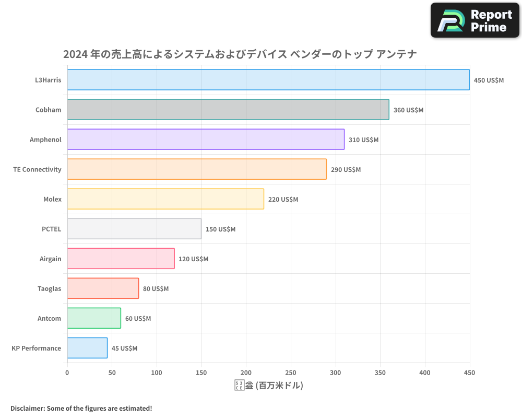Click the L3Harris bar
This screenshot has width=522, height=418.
[268, 80]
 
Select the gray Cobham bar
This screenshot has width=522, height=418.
[228, 110]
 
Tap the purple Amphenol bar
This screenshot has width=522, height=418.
[206, 140]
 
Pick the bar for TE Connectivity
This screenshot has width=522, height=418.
[197, 169]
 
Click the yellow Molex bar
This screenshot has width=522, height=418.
[165, 199]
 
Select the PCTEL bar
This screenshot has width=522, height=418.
[134, 229]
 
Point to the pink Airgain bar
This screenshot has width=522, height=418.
[121, 259]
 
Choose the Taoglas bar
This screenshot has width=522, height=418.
[103, 288]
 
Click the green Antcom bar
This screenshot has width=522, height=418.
[94, 318]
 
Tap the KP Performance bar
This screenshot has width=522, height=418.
[87, 348]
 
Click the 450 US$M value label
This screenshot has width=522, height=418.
[489, 80]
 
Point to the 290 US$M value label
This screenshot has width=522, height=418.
[346, 170]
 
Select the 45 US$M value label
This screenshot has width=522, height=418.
[124, 349]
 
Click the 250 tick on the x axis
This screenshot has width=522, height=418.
[291, 373]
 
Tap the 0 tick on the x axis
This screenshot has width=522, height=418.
[67, 373]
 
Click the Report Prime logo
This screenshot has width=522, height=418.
[474, 20]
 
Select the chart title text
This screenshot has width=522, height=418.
[240, 54]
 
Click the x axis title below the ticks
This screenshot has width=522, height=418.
[268, 386]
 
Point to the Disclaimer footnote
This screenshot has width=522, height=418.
[81, 408]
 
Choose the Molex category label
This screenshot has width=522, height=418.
[52, 199]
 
